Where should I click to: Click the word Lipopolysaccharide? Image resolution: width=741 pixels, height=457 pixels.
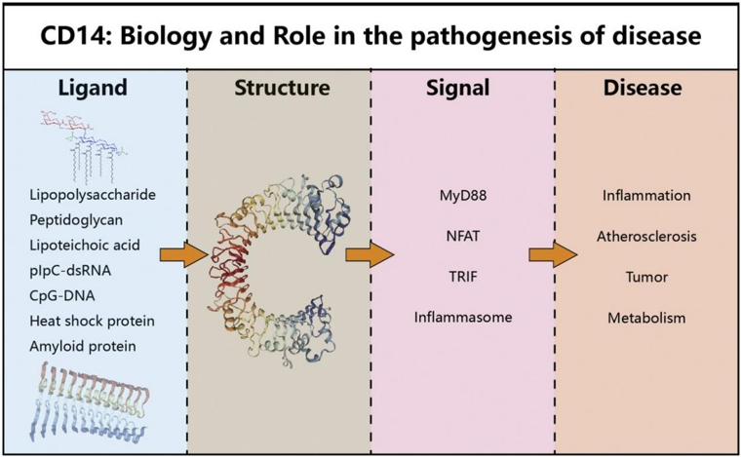(93, 195)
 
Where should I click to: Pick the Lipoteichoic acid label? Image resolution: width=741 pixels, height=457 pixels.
(85, 246)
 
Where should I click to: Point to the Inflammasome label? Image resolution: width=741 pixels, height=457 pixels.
(462, 318)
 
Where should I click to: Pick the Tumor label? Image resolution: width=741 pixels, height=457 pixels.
(646, 277)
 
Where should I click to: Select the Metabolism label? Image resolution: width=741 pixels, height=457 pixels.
(646, 318)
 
